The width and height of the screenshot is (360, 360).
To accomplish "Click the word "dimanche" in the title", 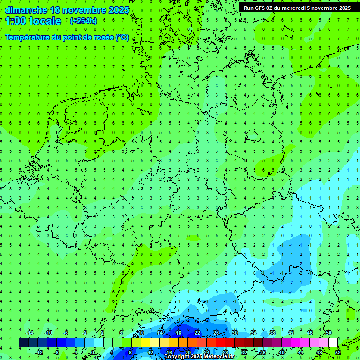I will coord(26,10).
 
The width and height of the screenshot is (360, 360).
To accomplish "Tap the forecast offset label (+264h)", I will coord(83,21).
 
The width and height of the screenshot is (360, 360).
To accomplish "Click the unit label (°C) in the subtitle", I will coord(122,37).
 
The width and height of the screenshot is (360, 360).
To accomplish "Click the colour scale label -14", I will coord(29,333).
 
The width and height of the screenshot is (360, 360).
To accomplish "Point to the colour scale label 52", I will coord(338,352).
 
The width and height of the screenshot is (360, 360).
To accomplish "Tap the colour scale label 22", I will coord(197,333).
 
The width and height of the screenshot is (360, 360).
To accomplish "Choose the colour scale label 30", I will coord(235,333).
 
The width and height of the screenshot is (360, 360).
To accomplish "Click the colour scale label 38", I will coord(272,333).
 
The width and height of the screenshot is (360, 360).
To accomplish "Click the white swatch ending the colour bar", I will coord(333,343).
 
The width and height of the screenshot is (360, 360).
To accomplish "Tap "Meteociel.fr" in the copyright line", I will coord(219,357).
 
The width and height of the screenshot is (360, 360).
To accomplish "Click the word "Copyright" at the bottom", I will coord(177,357).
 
